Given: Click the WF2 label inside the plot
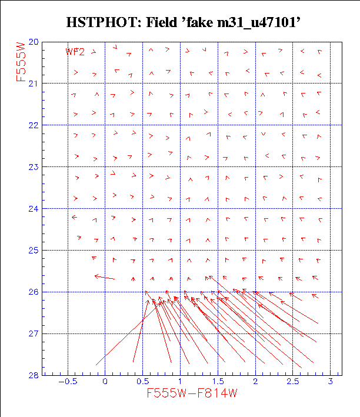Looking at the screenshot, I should point(75,52).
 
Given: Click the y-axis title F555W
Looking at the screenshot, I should point(22,61).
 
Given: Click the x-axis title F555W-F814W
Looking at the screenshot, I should point(192,393).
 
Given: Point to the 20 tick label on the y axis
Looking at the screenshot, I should point(33,42).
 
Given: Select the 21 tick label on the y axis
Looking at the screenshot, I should point(33,84).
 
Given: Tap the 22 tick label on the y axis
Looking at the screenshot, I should point(33,125).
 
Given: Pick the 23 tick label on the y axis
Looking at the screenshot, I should point(33,167).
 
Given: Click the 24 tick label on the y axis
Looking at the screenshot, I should point(33,209).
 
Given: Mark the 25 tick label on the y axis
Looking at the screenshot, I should point(33,251).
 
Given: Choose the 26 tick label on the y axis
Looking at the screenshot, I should point(33,292).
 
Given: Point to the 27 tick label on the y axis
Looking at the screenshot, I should point(33,334).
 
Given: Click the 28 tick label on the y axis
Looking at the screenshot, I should point(33,375).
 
